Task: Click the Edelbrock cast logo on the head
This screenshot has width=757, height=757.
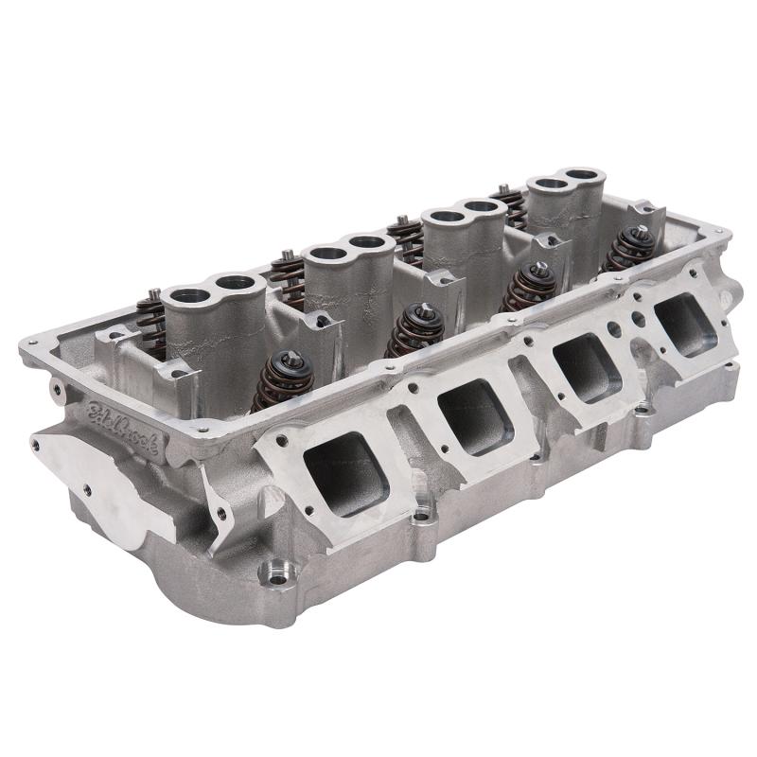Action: pyautogui.click(x=124, y=431)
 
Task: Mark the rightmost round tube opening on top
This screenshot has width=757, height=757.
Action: pyautogui.click(x=583, y=176)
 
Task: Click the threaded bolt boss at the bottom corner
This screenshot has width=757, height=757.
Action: pyautogui.click(x=277, y=572)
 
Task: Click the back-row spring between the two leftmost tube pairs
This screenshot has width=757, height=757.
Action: pyautogui.click(x=288, y=271)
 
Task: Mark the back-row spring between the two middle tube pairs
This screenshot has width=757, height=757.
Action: pyautogui.click(x=405, y=237)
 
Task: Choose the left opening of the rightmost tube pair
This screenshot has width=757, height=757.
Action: pyautogui.click(x=546, y=186)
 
